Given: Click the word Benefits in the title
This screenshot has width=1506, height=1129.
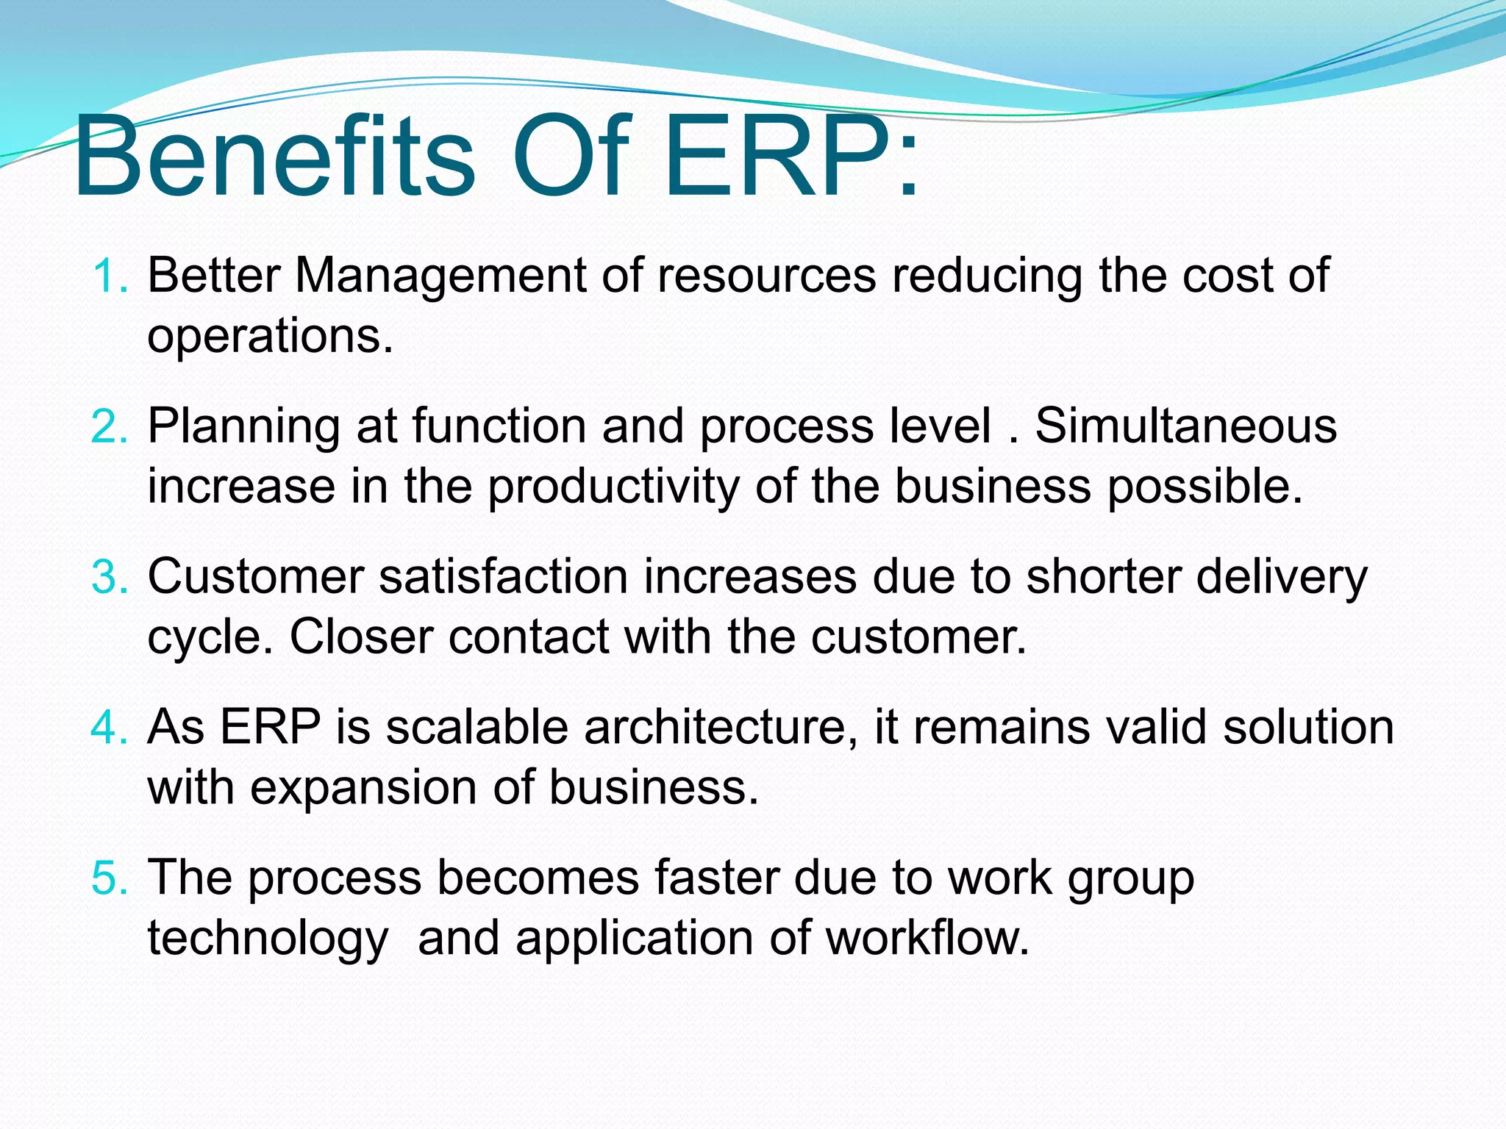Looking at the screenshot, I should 274,158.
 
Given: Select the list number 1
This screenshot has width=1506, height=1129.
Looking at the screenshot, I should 110,276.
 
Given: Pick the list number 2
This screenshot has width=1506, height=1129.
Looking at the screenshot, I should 110,427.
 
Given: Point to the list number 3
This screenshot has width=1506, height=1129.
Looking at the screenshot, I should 110,577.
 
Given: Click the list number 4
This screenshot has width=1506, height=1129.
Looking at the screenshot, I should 110,728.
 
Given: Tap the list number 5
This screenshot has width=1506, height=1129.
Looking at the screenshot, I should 110,878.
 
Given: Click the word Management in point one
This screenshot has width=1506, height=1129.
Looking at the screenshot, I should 440,276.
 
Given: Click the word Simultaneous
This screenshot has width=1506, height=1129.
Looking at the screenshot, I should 1185,426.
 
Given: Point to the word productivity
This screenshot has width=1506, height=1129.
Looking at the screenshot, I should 613,488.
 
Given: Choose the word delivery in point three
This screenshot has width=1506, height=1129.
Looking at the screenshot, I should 1281,578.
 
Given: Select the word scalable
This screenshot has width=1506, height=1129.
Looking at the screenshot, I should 477,728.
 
